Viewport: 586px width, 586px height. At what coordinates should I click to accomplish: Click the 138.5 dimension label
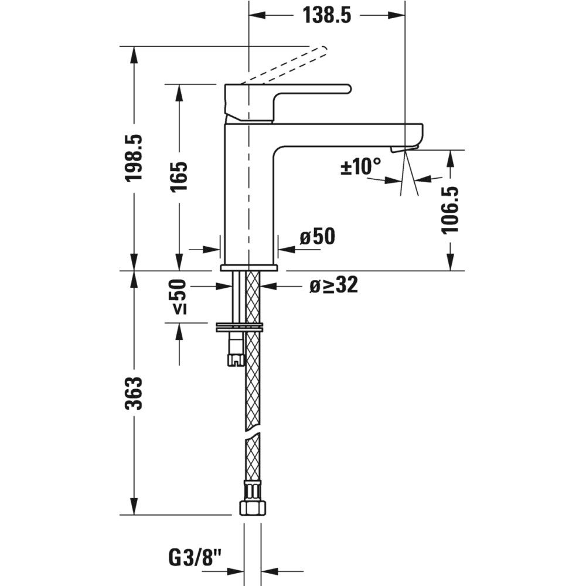(x=327, y=15)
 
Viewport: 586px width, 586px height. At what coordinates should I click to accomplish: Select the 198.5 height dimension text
(x=134, y=158)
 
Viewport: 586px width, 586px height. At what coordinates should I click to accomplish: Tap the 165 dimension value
(x=179, y=177)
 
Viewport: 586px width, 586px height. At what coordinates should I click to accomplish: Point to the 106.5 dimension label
(x=450, y=210)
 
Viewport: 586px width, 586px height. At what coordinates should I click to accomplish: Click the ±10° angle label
(x=360, y=166)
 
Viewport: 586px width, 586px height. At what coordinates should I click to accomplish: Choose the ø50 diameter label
(x=318, y=236)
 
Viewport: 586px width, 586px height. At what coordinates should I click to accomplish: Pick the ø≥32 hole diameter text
(x=334, y=285)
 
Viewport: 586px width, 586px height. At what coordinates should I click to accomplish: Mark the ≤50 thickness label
(x=179, y=297)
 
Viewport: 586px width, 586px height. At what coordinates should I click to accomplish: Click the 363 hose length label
(x=134, y=394)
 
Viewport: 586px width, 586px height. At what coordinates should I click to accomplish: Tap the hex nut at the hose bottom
(x=253, y=508)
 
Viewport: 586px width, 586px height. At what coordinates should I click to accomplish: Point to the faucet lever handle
(x=287, y=103)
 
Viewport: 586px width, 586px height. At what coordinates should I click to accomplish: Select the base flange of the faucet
(x=249, y=268)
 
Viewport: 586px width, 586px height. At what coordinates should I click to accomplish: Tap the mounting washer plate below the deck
(x=240, y=327)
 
